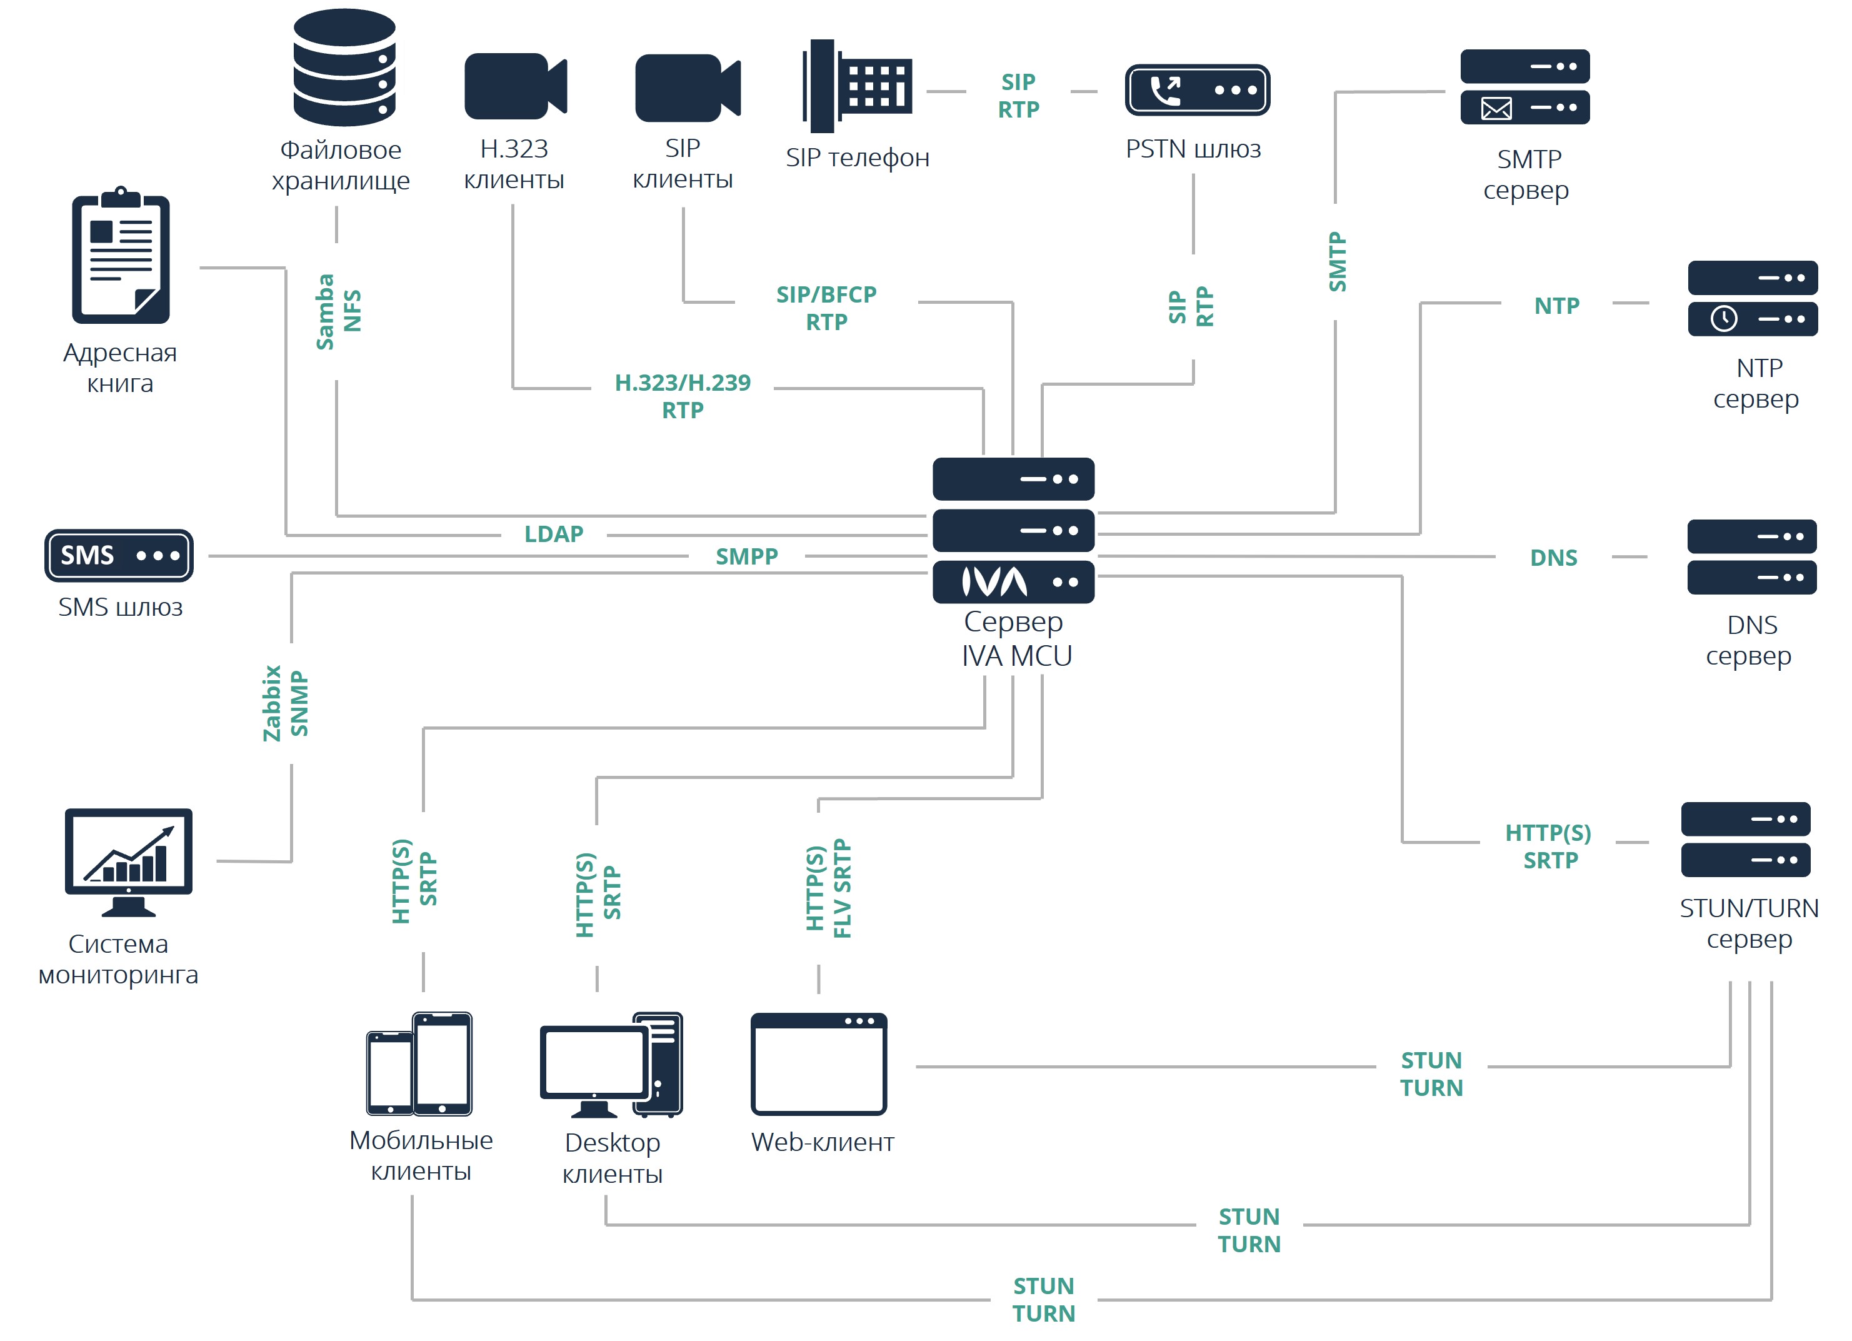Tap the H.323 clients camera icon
pyautogui.click(x=514, y=86)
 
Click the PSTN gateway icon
pyautogui.click(x=1196, y=90)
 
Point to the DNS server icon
pyautogui.click(x=1751, y=557)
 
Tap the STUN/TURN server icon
pyautogui.click(x=1745, y=840)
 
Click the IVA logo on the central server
pyautogui.click(x=994, y=582)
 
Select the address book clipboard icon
pyautogui.click(x=121, y=256)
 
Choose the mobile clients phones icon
pyautogui.click(x=419, y=1064)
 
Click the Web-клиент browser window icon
pyautogui.click(x=818, y=1064)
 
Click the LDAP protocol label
pyautogui.click(x=554, y=534)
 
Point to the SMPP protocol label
pyautogui.click(x=746, y=557)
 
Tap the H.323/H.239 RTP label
pyautogui.click(x=682, y=396)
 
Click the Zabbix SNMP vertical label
pyautogui.click(x=285, y=703)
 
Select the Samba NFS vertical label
pyautogui.click(x=338, y=311)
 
